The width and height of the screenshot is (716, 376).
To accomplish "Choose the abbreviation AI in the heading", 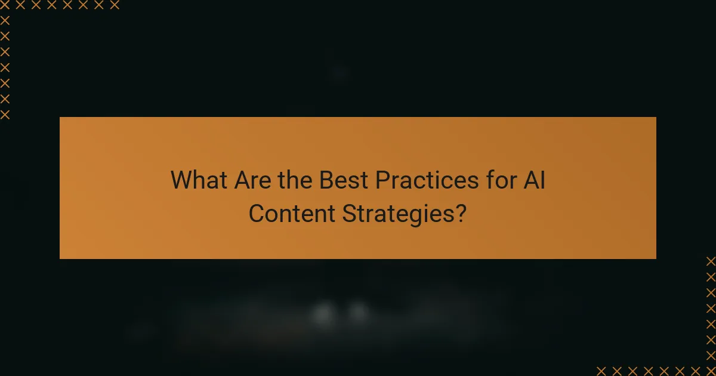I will coord(535,180).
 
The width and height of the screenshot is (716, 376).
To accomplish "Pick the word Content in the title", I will coord(292,214).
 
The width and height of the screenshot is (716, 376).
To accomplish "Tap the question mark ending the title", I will coord(461,214).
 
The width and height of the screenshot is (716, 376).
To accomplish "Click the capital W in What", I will coord(181,180).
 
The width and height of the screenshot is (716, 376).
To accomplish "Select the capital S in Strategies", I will coord(348,214).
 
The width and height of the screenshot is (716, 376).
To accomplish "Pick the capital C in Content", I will coord(256,214).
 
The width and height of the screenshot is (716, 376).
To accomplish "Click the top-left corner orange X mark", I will coord(5,5).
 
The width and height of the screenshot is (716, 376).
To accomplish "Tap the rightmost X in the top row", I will coord(115,5).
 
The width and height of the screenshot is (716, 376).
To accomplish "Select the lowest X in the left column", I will coord(5,115).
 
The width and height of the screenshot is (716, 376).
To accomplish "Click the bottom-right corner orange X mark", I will coord(711,371).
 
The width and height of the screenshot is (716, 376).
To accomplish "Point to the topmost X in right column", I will coord(711,261).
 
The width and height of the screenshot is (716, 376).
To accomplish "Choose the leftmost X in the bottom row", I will coord(601,371).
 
